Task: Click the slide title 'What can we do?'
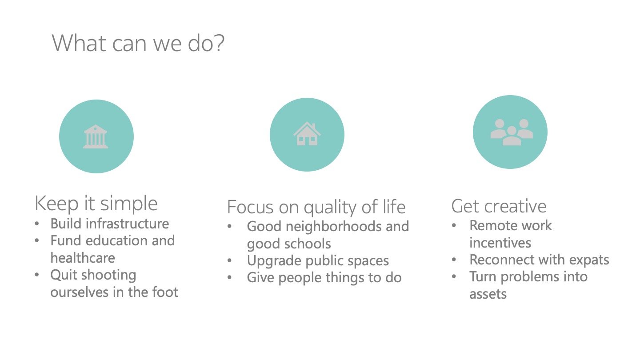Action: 138,43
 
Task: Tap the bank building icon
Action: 96,136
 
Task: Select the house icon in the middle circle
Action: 307,134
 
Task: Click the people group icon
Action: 512,132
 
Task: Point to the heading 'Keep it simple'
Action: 96,203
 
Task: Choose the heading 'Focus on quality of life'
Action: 316,207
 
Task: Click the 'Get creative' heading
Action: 499,206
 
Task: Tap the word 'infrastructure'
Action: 128,224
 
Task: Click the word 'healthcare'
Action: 83,258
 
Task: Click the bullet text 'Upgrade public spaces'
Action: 318,261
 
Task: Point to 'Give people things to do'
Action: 324,278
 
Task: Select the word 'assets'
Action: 488,294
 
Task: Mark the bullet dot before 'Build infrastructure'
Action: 37,224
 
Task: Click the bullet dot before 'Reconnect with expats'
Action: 454,260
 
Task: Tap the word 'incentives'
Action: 500,243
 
